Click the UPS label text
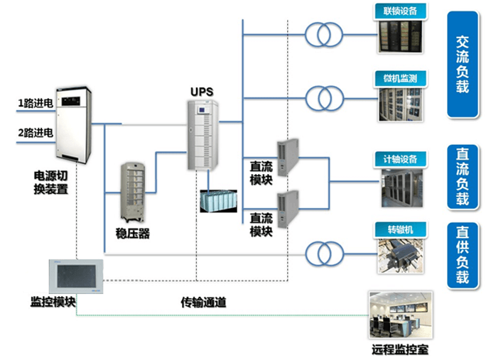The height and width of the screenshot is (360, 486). coord(201,92)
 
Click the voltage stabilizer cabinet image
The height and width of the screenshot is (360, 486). coord(135,193)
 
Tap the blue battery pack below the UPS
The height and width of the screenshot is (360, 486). coord(218,201)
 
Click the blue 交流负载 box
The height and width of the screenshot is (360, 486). coord(463,64)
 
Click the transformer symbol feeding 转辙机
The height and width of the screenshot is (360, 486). coord(323,253)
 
